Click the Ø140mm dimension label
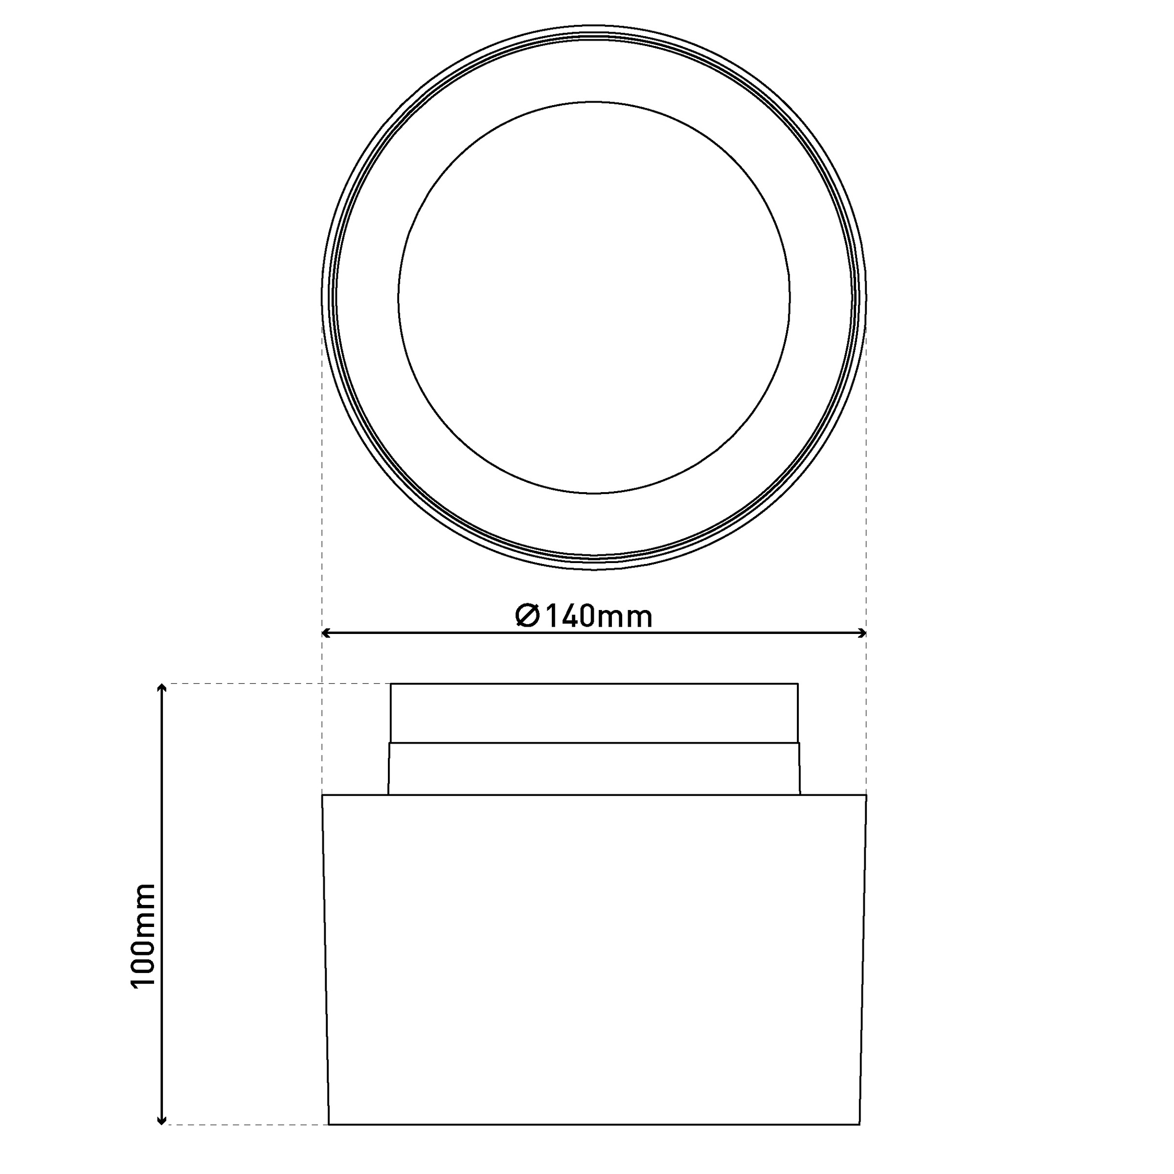click(x=584, y=616)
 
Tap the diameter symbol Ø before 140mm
click(x=527, y=616)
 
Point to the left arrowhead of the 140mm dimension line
click(x=325, y=633)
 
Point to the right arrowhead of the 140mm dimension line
click(x=862, y=633)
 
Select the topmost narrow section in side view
click(x=594, y=713)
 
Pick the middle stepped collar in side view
click(x=594, y=768)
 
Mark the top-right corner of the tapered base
click(x=866, y=795)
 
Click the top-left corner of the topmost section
click(x=391, y=684)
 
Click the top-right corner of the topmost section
click(x=798, y=684)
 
